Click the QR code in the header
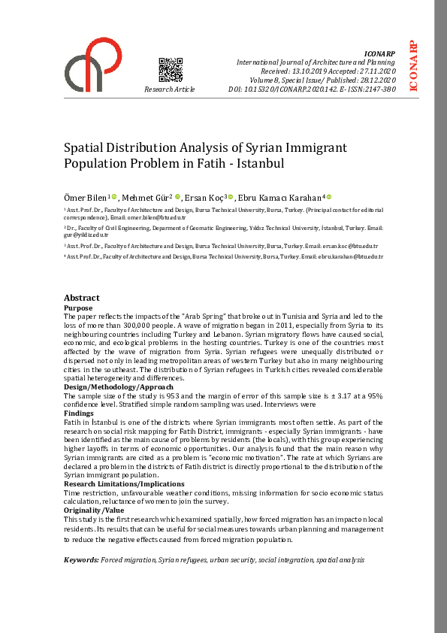tap(171, 69)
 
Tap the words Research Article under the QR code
tap(170, 89)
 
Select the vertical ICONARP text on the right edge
tap(413, 66)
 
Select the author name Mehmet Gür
tap(145, 196)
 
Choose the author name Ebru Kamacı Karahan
tap(279, 196)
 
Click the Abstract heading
tap(82, 298)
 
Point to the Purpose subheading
tap(78, 308)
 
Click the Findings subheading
tap(80, 413)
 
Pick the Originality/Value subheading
tap(93, 510)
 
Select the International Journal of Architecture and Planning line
tap(316, 62)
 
